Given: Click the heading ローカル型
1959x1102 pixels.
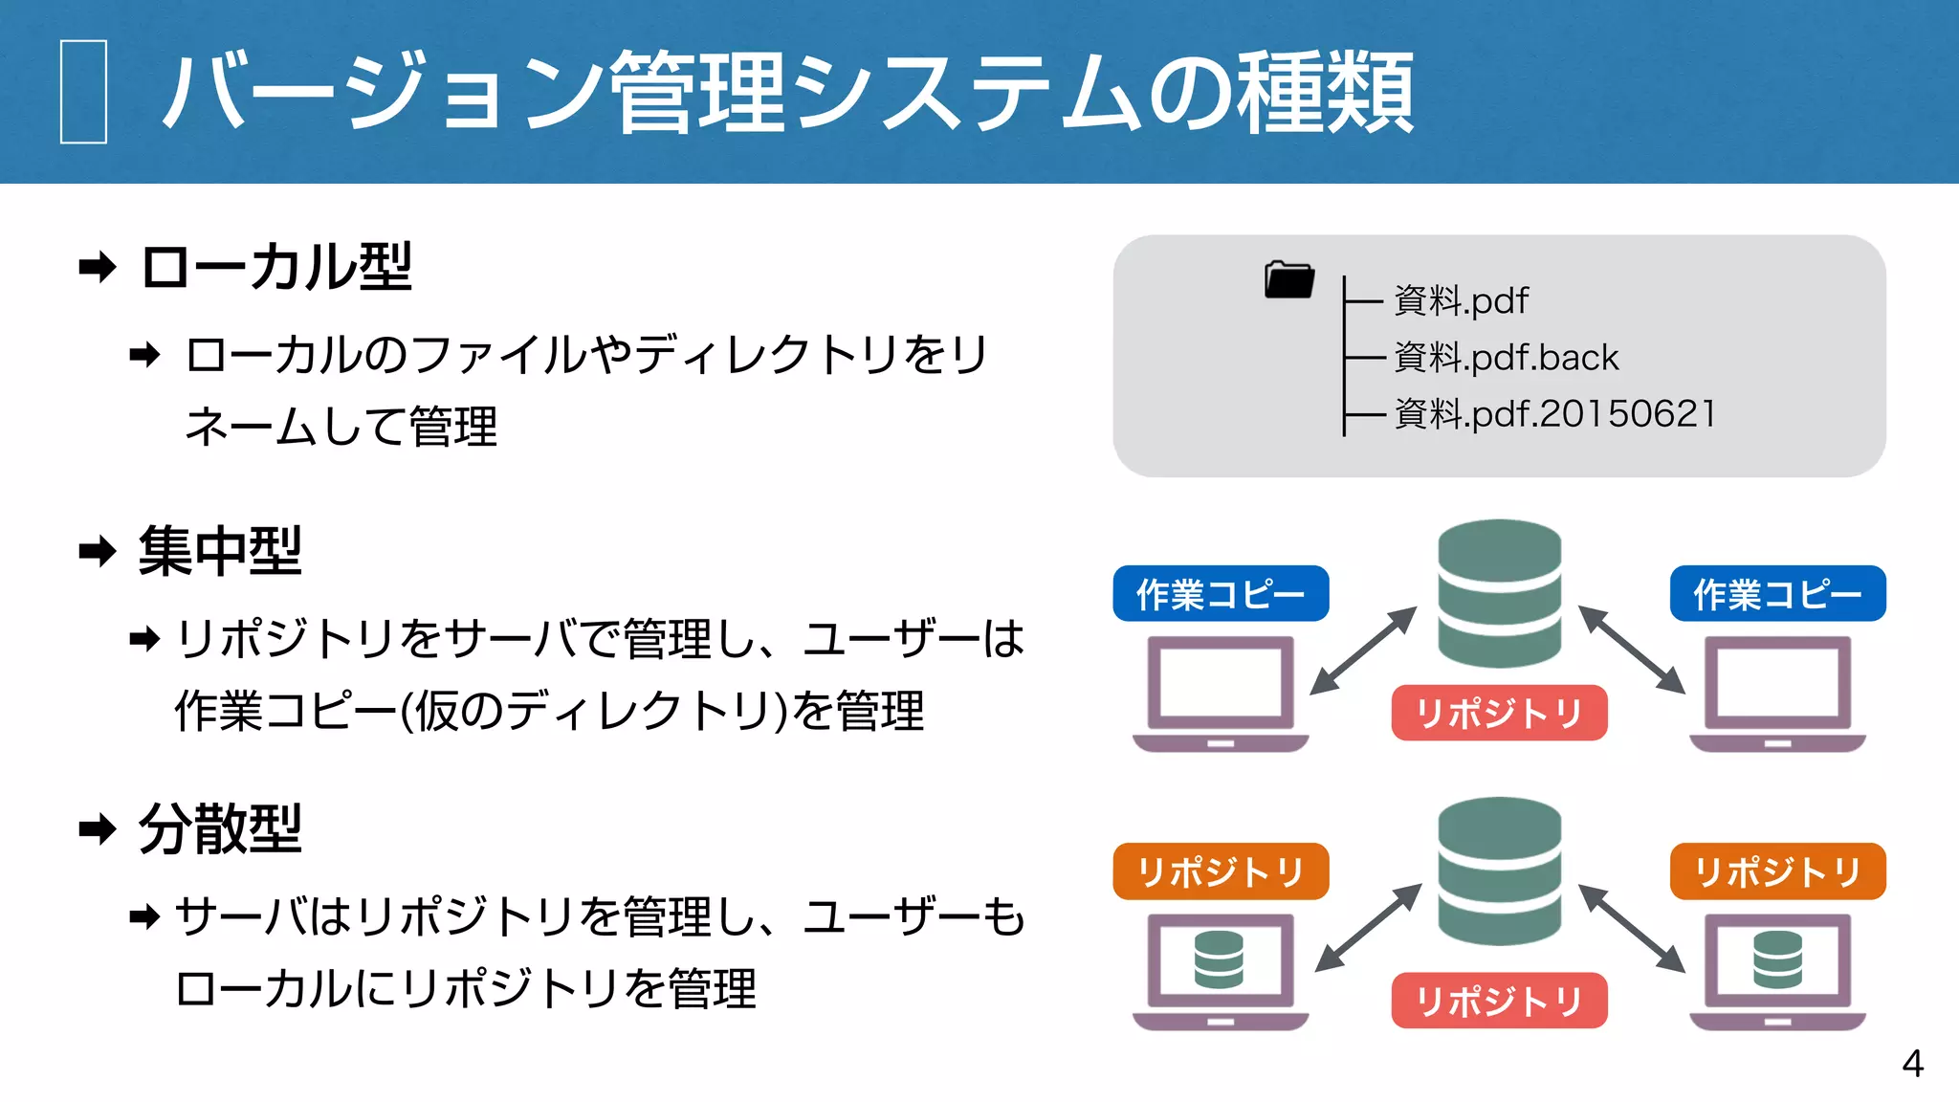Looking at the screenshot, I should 276,267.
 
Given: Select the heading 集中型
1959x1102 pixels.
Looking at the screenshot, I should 220,551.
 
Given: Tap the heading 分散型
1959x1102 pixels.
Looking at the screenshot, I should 220,828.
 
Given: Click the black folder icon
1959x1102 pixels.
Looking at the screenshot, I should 1288,279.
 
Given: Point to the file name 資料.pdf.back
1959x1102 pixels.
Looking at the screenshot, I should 1506,358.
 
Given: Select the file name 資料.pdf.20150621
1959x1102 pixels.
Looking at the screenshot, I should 1555,414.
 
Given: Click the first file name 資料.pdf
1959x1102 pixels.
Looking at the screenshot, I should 1461,301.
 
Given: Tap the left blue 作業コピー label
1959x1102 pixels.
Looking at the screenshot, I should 1221,594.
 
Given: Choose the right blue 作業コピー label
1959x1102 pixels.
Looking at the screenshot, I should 1777,594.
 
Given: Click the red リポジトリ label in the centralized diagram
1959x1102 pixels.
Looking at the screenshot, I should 1499,713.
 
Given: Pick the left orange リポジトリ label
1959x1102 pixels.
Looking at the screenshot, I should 1221,871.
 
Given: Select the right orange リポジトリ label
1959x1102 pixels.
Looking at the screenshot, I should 1777,871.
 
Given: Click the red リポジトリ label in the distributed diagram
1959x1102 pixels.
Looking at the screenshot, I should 1499,1001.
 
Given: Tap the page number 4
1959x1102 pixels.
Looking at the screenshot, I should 1912,1064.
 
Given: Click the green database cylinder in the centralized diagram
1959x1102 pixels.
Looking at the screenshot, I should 1499,593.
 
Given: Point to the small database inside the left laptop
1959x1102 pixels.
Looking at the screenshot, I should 1219,959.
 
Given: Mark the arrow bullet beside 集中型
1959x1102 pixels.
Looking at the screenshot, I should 98,551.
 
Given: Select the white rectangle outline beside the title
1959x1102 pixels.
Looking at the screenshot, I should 83,92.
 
